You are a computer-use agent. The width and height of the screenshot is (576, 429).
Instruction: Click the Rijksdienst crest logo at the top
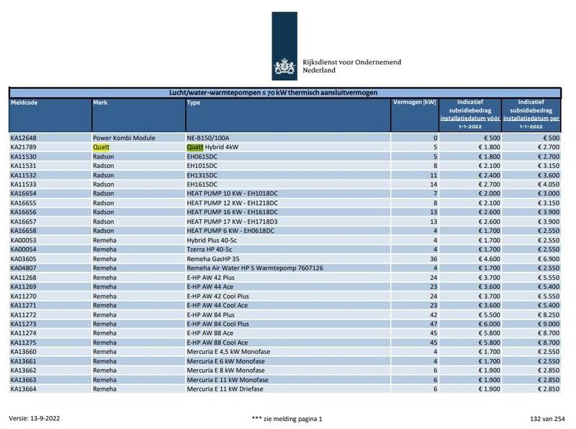(x=284, y=68)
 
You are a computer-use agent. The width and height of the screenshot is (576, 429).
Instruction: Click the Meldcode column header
(x=24, y=103)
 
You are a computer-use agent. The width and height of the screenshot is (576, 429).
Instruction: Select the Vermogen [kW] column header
(x=414, y=103)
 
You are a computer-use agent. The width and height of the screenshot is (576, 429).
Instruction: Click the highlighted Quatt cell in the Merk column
(x=101, y=147)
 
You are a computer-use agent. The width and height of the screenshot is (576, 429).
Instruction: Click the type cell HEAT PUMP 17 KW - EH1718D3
(x=232, y=221)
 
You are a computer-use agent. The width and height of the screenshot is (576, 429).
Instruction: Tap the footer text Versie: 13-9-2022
(x=34, y=418)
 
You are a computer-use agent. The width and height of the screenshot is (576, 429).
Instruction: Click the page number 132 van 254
(x=547, y=418)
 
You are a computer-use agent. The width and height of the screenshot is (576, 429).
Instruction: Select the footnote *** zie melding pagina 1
(x=287, y=418)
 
